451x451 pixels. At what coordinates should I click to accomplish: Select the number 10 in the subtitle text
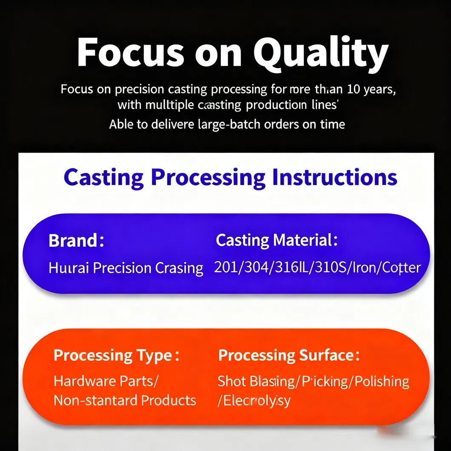point(355,90)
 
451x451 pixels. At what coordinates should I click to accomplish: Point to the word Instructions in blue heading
point(334,177)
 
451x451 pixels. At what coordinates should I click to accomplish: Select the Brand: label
point(76,241)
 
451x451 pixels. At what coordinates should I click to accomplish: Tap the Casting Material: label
point(277,240)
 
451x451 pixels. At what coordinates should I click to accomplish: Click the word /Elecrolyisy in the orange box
point(254,401)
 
